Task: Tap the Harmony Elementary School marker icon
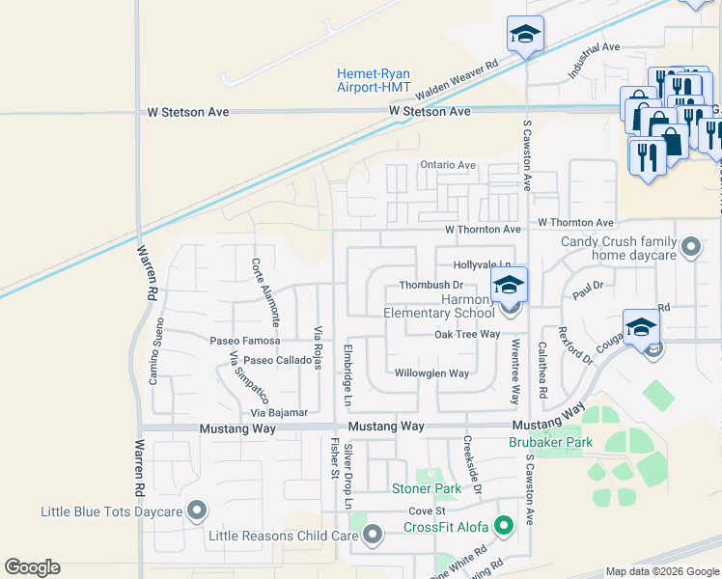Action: [x=509, y=287]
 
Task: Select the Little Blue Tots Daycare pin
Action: [x=198, y=510]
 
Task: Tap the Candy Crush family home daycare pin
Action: [x=690, y=248]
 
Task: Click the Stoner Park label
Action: [x=425, y=489]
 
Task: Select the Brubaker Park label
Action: [x=548, y=443]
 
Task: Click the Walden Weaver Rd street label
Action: [x=457, y=80]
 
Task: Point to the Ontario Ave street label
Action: [x=448, y=165]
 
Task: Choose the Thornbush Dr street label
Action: [x=431, y=286]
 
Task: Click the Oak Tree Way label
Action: [x=467, y=334]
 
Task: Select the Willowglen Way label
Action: [x=431, y=372]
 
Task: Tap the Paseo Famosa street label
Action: [x=245, y=341]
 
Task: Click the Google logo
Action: [x=32, y=567]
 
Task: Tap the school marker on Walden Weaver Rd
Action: [x=526, y=36]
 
